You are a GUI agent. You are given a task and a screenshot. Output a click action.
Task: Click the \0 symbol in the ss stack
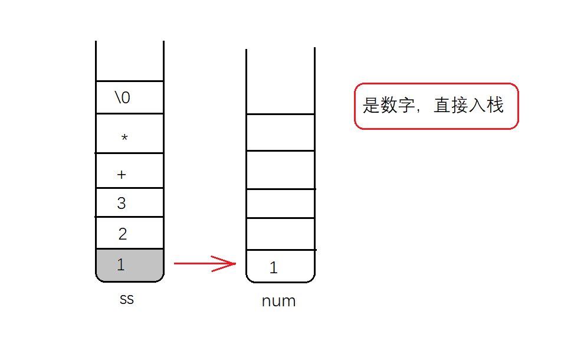pos(123,97)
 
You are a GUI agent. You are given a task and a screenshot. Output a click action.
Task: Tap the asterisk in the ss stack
pos(124,138)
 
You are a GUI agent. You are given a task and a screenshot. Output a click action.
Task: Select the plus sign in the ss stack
pos(122,175)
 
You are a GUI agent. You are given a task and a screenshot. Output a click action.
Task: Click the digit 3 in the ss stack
pos(122,204)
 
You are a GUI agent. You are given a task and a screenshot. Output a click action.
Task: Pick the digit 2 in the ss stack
pos(123,234)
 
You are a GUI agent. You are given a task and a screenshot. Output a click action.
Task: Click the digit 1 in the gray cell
pos(121,265)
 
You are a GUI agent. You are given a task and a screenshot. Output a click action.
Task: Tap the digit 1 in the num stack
pos(273,268)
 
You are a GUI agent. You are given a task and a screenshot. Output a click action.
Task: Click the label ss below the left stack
pos(126,299)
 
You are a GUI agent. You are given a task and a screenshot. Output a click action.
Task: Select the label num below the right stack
pos(278,302)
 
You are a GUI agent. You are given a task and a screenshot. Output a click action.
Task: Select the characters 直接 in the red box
pos(451,106)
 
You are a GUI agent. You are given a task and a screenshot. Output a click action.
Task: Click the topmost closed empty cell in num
pos(280,132)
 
